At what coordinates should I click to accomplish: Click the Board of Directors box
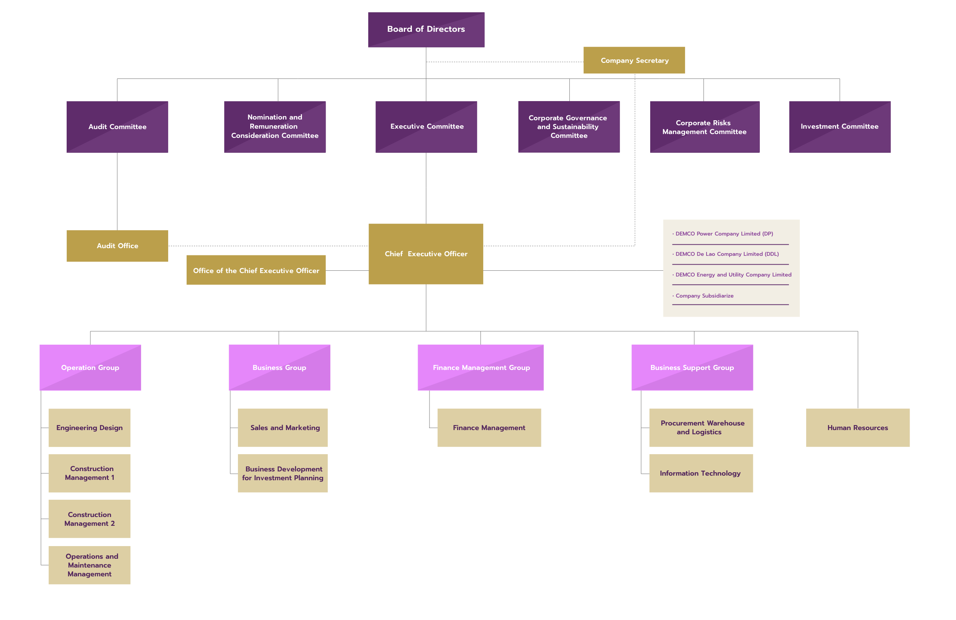pos(426,29)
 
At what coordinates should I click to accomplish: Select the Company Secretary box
pos(634,60)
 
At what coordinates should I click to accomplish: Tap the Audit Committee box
pos(117,126)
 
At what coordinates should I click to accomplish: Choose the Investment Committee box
pos(840,126)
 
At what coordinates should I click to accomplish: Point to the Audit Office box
pos(117,246)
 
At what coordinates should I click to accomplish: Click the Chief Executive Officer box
pos(426,254)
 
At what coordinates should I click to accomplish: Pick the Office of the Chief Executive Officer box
pos(256,270)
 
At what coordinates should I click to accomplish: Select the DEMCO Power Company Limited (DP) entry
pos(724,234)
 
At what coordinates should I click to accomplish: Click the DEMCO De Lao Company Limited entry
pos(726,254)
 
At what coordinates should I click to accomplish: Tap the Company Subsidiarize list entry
pos(704,296)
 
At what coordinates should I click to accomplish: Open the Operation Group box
pos(90,367)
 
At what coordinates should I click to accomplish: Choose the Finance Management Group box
pos(481,367)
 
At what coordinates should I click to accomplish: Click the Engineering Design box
pos(90,428)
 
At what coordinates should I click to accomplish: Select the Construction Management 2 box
pos(90,519)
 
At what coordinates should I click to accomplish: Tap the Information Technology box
pos(701,473)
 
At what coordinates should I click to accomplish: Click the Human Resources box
pos(858,428)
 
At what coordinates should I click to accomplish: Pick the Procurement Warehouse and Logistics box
pos(701,428)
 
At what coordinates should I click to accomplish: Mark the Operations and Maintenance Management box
pos(90,565)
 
